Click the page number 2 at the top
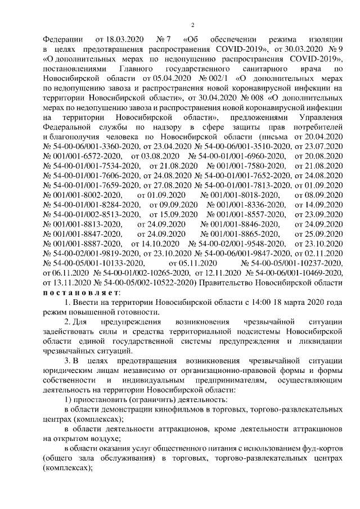tap(192, 24)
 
